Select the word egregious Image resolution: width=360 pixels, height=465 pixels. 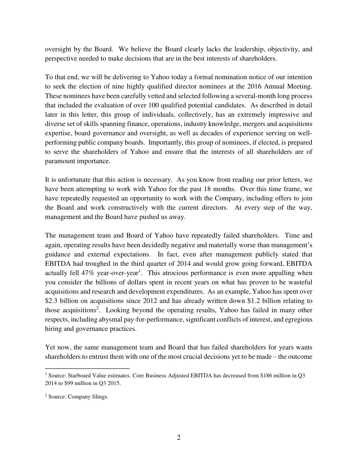299,320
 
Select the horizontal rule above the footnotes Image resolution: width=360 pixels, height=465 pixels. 87,368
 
